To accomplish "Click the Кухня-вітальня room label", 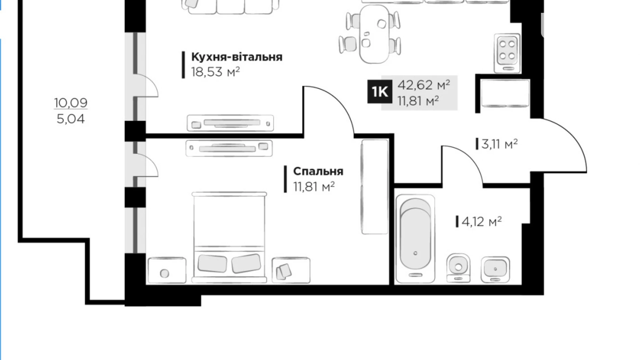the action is (x=237, y=57).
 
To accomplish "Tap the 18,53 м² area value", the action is (x=215, y=72).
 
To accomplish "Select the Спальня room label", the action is (x=318, y=171).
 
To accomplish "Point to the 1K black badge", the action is (x=380, y=92).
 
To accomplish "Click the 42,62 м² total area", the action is (x=423, y=85).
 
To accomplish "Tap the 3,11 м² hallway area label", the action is (x=499, y=144).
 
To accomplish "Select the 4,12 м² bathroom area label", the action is (x=481, y=222).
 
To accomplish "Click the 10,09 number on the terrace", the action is (x=71, y=102).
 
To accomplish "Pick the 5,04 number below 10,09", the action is (x=71, y=119).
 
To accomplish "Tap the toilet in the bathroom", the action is (x=458, y=268).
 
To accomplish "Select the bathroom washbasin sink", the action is (x=495, y=269).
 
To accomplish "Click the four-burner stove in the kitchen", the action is (x=507, y=53).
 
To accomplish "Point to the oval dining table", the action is (x=374, y=34).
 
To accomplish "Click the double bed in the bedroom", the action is (x=229, y=237).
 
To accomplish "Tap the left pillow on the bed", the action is (x=212, y=263).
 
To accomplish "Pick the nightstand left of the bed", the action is (x=167, y=270).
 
